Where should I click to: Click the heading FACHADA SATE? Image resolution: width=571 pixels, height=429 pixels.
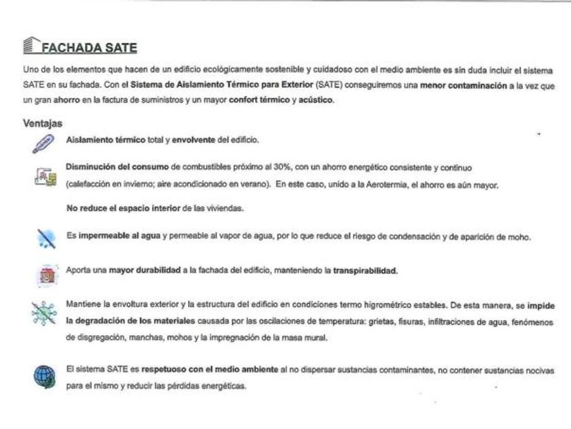(x=89, y=48)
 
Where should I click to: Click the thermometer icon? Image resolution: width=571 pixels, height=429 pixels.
(x=42, y=143)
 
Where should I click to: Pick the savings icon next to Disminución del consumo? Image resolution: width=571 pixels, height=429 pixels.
(x=42, y=176)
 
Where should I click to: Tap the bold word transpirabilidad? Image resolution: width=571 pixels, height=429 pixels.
(x=365, y=270)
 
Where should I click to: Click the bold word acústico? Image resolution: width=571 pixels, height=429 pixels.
(x=317, y=100)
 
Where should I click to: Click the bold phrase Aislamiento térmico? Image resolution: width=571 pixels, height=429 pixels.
(x=105, y=140)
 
